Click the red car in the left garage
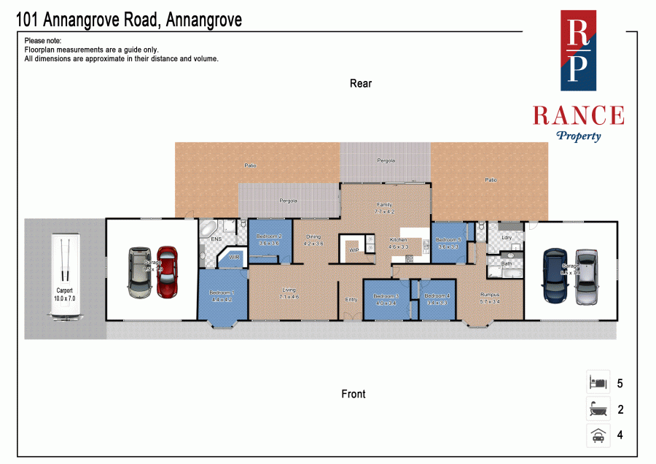point(167,271)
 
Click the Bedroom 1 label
point(222,292)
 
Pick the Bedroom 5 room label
point(448,240)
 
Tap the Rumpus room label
point(489,295)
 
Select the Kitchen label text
point(398,240)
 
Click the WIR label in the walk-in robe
point(235,258)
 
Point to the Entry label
point(351,299)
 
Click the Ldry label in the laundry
point(507,237)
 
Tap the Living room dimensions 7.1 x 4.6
point(289,297)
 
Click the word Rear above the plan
point(361,83)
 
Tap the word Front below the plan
point(354,394)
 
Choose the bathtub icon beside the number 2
point(598,409)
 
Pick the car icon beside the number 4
point(598,436)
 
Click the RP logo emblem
point(577,50)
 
